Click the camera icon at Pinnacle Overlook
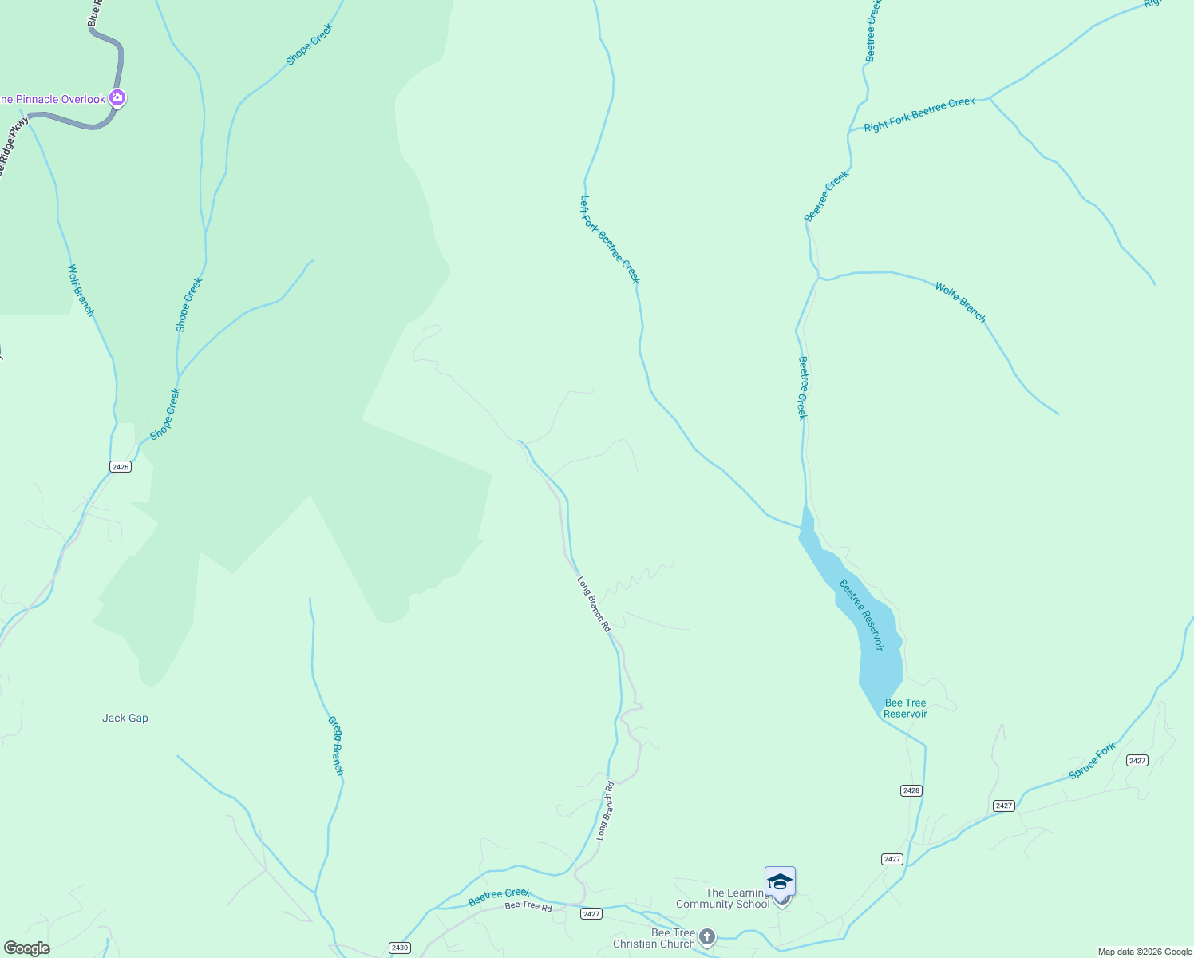(117, 98)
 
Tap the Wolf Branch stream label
(81, 291)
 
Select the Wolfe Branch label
(960, 303)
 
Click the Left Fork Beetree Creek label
(611, 239)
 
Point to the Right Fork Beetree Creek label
(919, 114)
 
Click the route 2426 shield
(120, 467)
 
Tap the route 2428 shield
(911, 790)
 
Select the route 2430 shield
(400, 948)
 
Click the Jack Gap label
(125, 718)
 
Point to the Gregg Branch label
(336, 746)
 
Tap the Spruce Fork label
(1092, 761)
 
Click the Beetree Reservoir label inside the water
(861, 615)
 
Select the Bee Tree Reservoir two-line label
(905, 708)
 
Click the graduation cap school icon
(780, 881)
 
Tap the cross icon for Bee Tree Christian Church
(706, 936)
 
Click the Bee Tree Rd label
(528, 907)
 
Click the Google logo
(26, 948)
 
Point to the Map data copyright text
(1145, 952)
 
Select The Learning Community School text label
(723, 899)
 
